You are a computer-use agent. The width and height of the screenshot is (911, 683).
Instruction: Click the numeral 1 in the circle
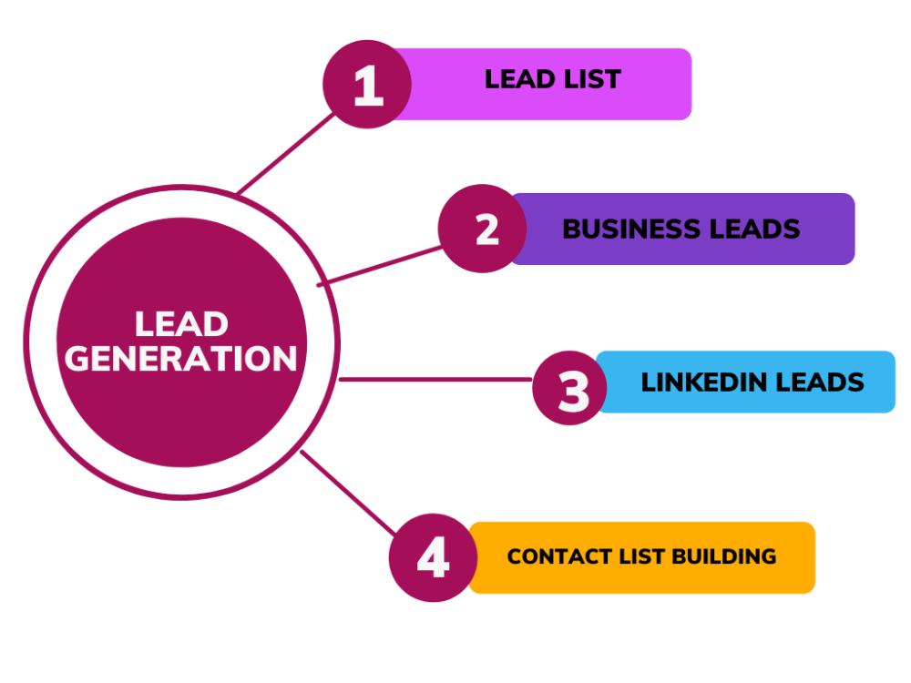pyautogui.click(x=368, y=86)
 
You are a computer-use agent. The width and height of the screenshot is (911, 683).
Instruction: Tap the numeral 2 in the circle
pyautogui.click(x=486, y=229)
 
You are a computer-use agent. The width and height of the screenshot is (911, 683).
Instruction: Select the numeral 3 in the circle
pyautogui.click(x=573, y=392)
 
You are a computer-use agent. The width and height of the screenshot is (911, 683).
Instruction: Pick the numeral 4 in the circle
pyautogui.click(x=434, y=557)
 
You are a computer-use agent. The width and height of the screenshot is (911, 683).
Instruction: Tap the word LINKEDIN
pyautogui.click(x=704, y=382)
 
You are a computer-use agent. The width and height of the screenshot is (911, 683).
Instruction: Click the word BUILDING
pyautogui.click(x=724, y=556)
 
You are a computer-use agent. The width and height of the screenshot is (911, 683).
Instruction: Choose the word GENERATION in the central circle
pyautogui.click(x=180, y=358)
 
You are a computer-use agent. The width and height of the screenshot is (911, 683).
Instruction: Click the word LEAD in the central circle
pyautogui.click(x=181, y=323)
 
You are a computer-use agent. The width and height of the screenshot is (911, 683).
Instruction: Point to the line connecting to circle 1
pyautogui.click(x=286, y=153)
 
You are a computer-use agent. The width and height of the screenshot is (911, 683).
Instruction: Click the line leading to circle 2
pyautogui.click(x=379, y=266)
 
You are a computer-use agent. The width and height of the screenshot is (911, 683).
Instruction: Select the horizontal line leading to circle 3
pyautogui.click(x=435, y=379)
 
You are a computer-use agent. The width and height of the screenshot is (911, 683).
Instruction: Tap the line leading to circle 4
pyautogui.click(x=348, y=493)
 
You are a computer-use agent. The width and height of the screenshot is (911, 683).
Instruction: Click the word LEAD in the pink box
pyautogui.click(x=520, y=79)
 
